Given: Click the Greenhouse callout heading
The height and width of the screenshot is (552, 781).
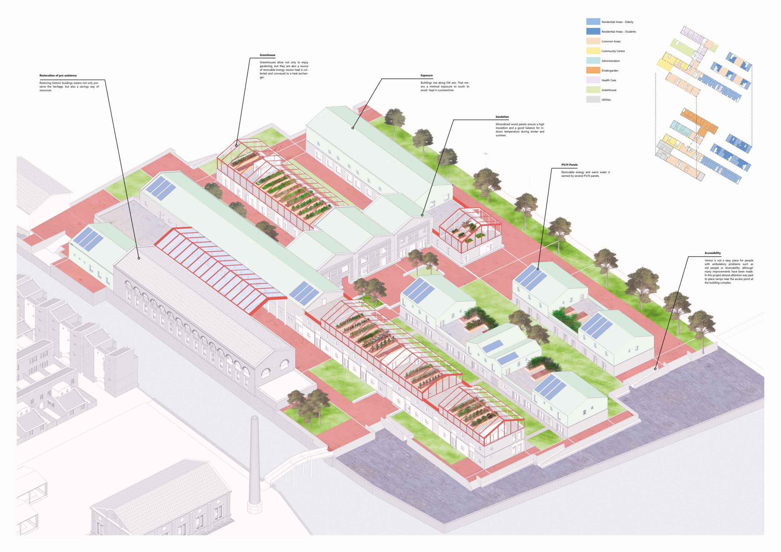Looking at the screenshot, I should (x=267, y=55).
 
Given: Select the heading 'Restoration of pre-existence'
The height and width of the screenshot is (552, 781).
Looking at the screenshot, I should (x=58, y=76).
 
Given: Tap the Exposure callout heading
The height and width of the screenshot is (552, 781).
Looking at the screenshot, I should (x=426, y=76).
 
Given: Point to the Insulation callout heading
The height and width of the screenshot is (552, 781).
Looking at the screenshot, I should (x=502, y=117).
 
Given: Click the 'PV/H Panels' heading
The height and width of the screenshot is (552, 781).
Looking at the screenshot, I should (x=570, y=165).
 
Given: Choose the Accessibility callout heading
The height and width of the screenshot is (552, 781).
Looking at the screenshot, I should (x=712, y=253).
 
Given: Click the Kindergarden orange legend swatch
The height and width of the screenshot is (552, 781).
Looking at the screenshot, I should (x=593, y=70).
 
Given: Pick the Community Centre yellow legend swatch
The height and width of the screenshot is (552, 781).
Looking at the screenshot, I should (x=593, y=51).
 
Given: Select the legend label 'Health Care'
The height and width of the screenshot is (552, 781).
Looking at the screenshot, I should (x=609, y=81).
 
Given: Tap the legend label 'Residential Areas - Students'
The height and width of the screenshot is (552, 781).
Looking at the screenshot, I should (x=619, y=32).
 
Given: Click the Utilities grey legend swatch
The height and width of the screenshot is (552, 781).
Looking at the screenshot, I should (x=593, y=100).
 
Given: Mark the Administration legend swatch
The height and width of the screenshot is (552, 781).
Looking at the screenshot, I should (x=593, y=61).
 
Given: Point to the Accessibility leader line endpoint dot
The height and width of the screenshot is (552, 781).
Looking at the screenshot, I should (x=655, y=369).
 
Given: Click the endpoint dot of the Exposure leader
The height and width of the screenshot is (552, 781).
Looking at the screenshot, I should (x=353, y=128).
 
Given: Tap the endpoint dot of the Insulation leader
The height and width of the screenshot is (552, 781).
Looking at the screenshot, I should (x=422, y=215).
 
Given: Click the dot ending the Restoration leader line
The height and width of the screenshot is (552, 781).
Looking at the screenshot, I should (x=139, y=258).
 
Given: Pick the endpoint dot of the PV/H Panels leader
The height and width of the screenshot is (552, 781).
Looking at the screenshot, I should (x=538, y=269).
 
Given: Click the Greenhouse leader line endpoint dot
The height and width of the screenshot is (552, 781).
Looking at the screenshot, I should (x=236, y=145).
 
